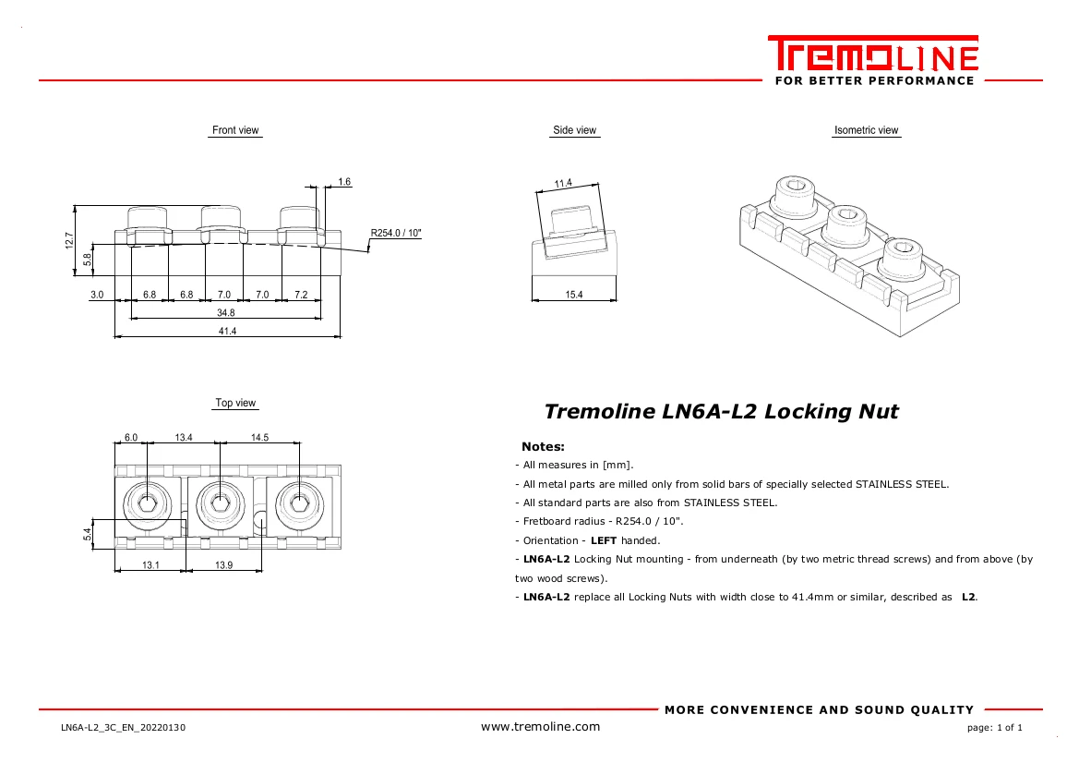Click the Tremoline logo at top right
coord(872,61)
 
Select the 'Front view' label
coord(235,130)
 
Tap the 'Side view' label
coord(574,130)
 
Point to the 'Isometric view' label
coord(866,130)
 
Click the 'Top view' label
coord(235,403)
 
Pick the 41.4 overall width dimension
coord(227,331)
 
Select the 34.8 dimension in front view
coord(227,313)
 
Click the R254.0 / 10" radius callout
coord(396,234)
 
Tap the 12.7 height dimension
coord(69,240)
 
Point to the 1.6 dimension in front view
coord(344,182)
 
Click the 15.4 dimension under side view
coord(573,295)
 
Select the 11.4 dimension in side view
coord(563,184)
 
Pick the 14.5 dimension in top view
coord(259,437)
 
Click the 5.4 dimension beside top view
coord(88,534)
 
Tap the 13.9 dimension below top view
coord(223,565)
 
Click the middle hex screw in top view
coord(220,503)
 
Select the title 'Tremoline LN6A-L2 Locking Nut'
coord(721,412)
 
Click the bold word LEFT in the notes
coord(603,540)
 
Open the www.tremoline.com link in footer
coord(540,727)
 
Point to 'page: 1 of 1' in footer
coord(994,728)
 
